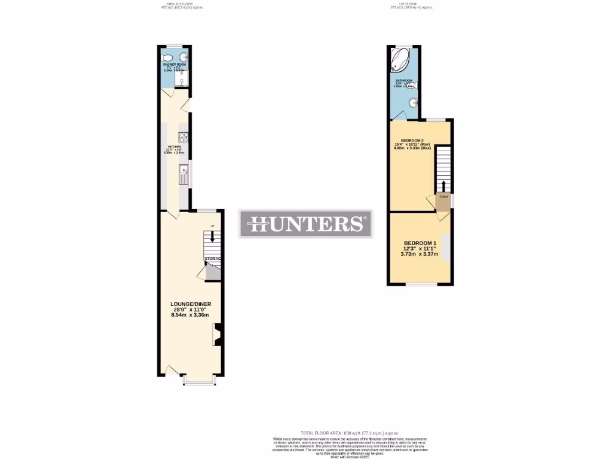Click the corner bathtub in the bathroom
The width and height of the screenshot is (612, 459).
tap(400, 60)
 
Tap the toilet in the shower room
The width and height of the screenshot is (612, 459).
tap(169, 58)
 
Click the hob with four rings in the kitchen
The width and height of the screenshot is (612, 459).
tap(185, 137)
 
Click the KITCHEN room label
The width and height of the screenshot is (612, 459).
tap(174, 146)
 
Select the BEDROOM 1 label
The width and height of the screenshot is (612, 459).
tap(419, 242)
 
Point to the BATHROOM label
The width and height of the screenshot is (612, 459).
tap(403, 80)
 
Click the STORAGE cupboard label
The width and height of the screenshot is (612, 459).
tap(213, 259)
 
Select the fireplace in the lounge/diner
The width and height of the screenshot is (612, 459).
tap(218, 335)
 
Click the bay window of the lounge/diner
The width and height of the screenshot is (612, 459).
tap(199, 381)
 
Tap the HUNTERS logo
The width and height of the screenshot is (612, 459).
tap(305, 224)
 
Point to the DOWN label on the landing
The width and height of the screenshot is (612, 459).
tap(443, 197)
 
